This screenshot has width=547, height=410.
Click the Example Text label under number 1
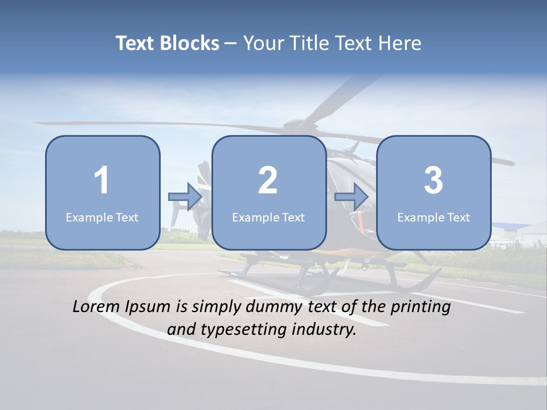[x=102, y=217]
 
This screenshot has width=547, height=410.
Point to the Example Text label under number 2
[x=268, y=217]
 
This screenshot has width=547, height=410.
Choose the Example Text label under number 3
[x=434, y=217]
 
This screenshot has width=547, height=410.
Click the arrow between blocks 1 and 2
[x=185, y=197]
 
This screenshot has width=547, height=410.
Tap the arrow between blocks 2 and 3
[x=352, y=197]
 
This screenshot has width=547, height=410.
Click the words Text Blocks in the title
[x=167, y=43]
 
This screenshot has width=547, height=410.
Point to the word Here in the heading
[x=401, y=43]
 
